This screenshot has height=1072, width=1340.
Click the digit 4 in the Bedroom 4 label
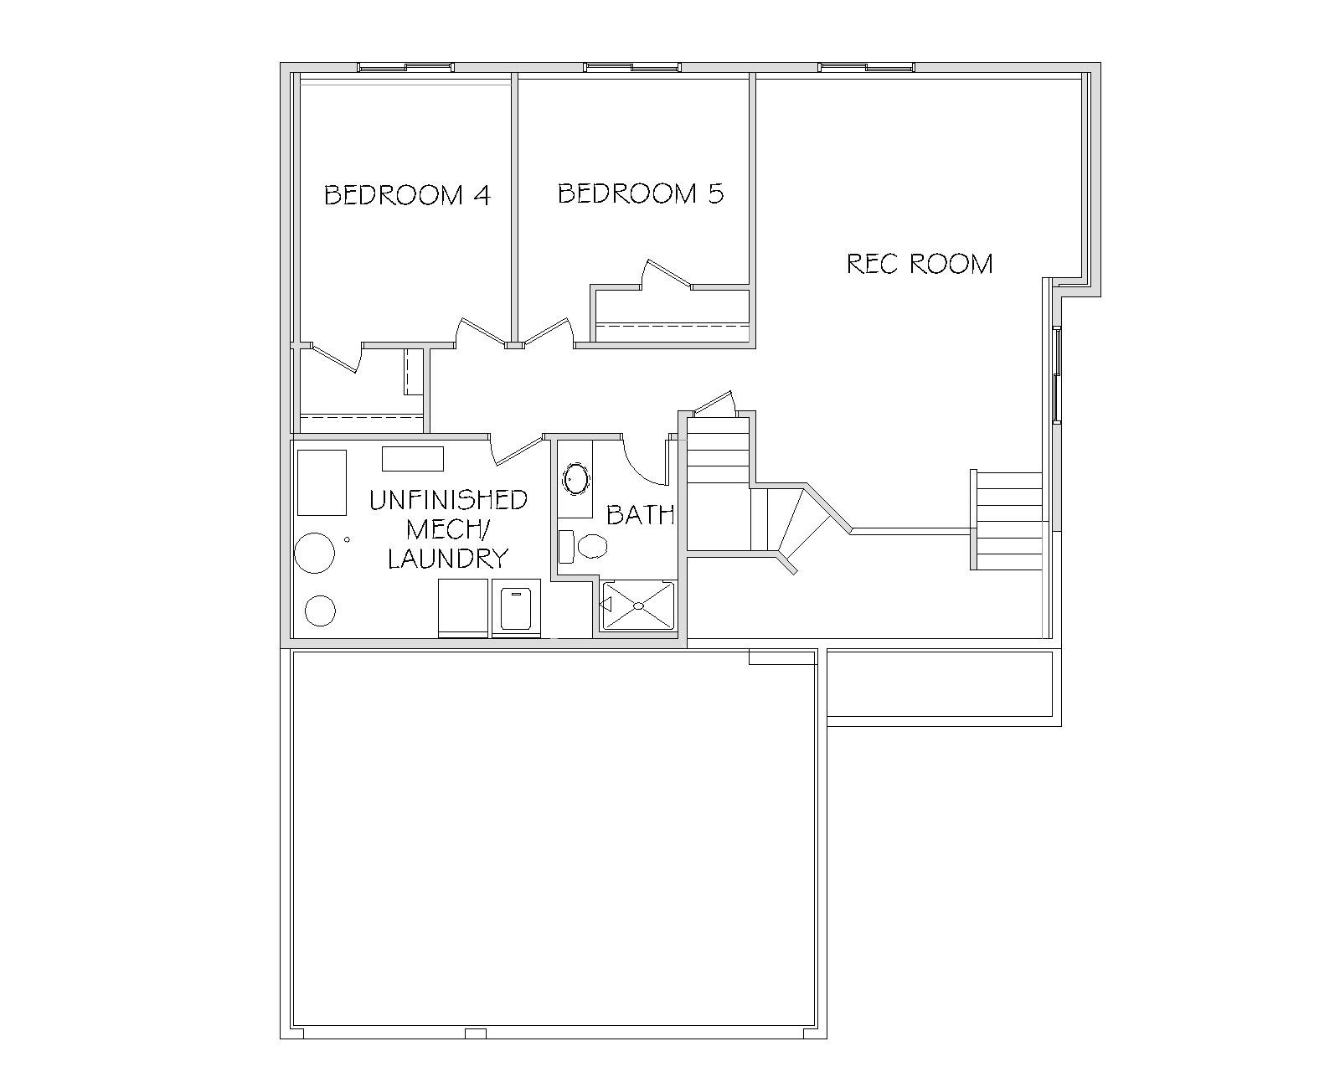(482, 195)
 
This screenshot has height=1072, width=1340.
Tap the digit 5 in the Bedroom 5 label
(715, 193)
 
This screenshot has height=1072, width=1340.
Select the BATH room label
(640, 514)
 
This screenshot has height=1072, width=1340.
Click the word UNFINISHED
(448, 499)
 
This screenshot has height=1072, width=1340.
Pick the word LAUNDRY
(448, 558)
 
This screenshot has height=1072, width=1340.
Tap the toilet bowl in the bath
(591, 547)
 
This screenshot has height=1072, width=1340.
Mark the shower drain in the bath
(639, 605)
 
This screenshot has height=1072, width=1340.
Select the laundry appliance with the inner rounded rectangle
(516, 608)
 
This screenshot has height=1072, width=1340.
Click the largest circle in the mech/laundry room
(314, 553)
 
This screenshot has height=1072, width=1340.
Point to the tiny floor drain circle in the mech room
(347, 539)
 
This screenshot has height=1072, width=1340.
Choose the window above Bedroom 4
(405, 67)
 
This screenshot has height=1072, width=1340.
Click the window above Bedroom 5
(632, 67)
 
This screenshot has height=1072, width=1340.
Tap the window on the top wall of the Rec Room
(866, 67)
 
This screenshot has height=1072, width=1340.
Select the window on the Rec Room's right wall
(1057, 375)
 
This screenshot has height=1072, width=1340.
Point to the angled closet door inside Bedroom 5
(669, 274)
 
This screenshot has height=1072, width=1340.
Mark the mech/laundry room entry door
(518, 451)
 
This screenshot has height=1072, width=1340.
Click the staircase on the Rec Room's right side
(1007, 520)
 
